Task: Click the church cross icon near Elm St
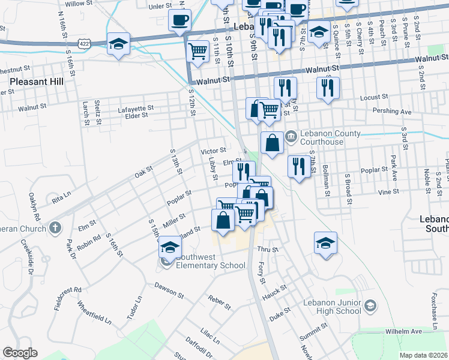coord(55,227)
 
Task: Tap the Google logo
coord(20,353)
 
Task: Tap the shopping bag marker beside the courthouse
coord(272,143)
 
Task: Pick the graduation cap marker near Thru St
coord(325,242)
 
